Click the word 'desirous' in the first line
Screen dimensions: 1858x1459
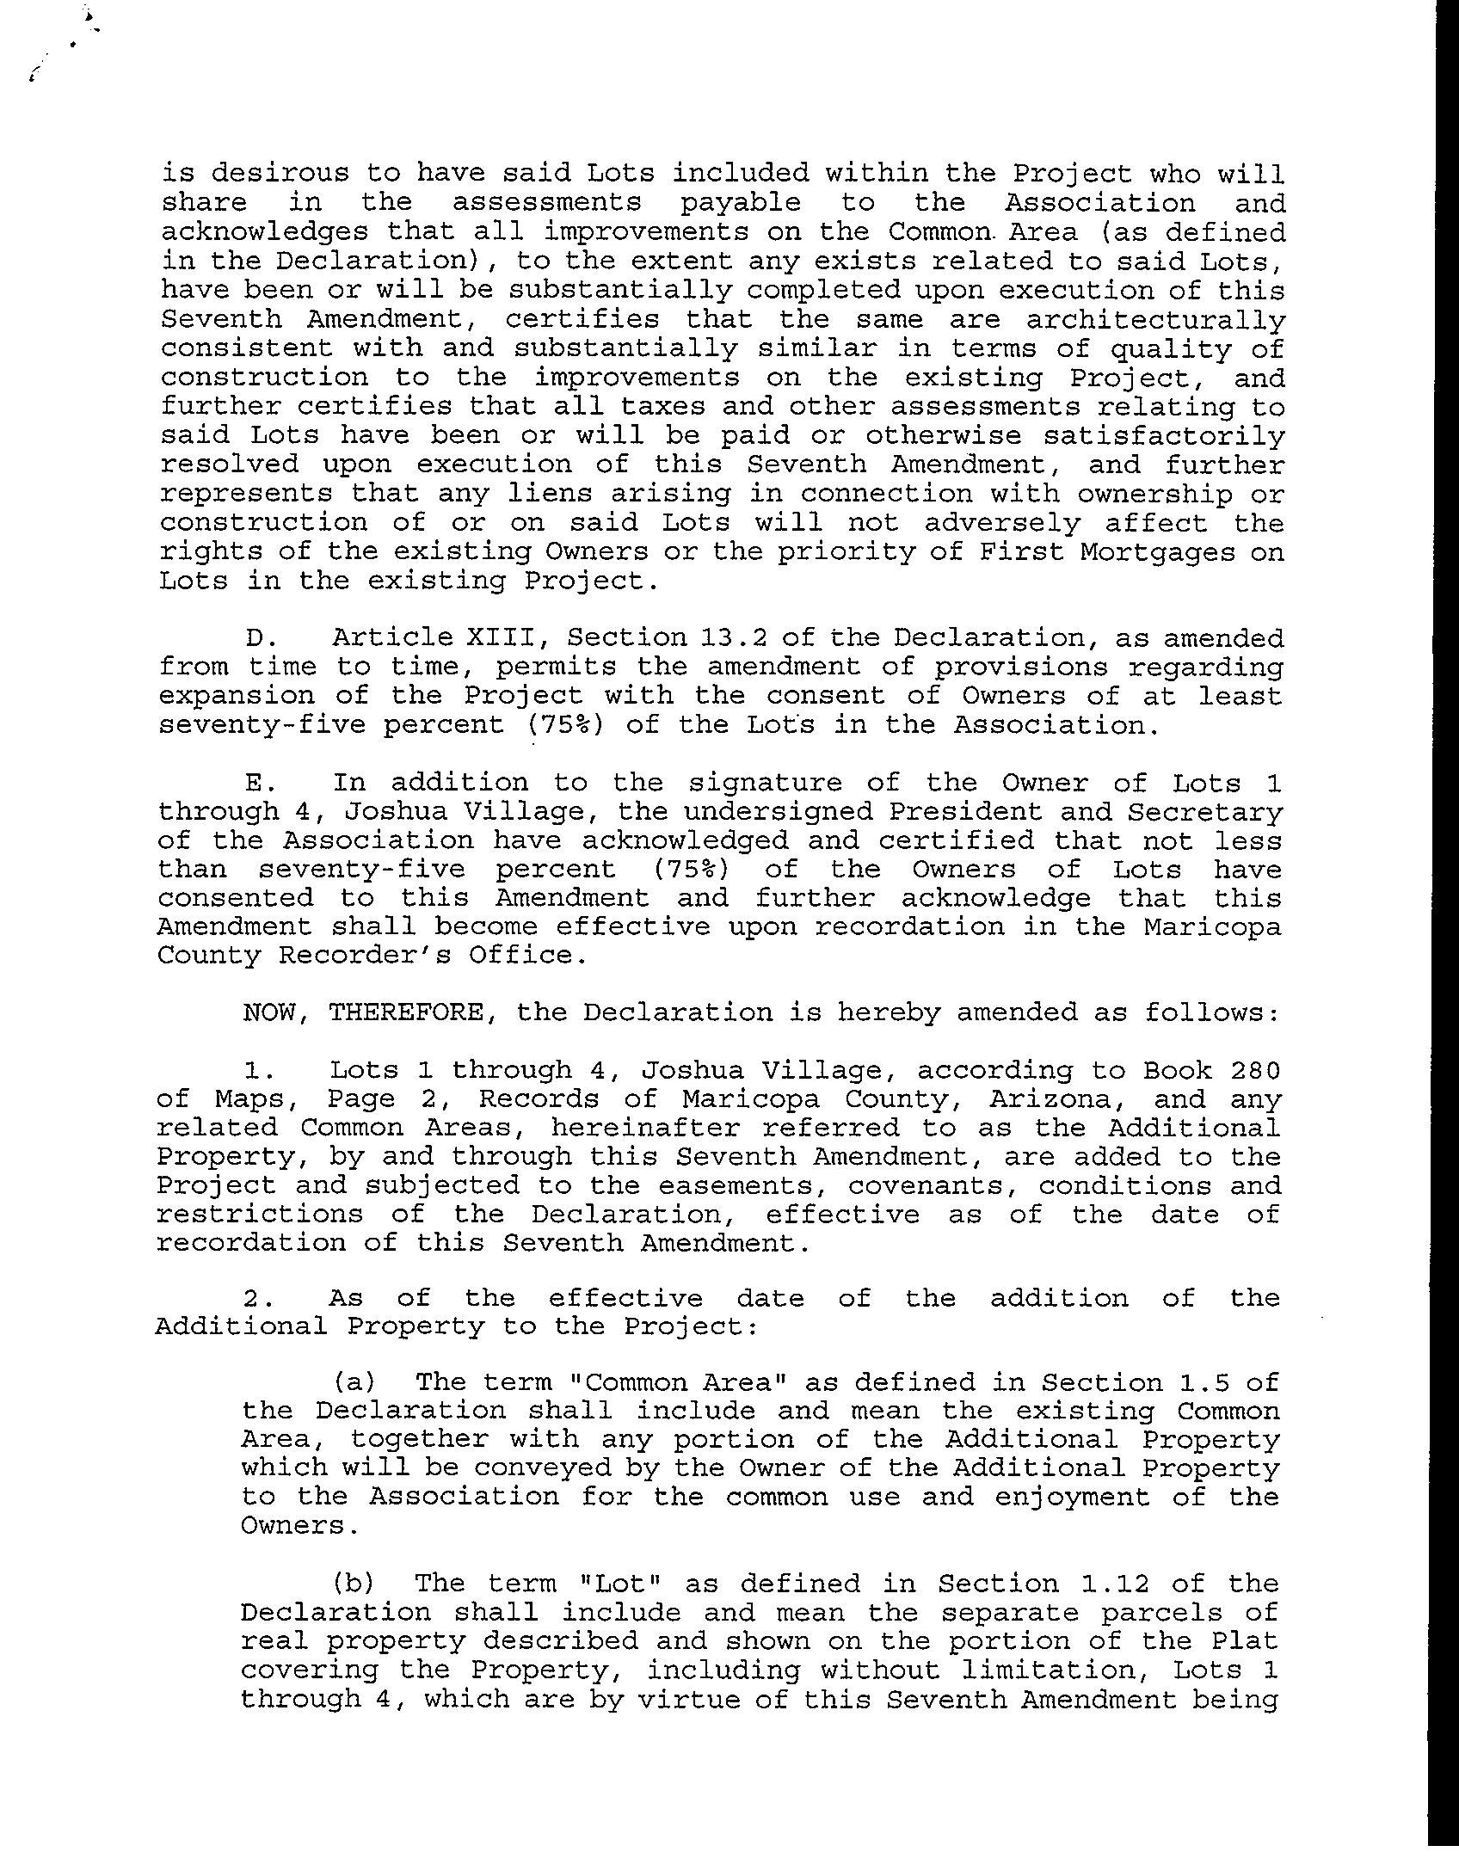pos(280,174)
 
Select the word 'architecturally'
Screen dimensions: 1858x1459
pos(1155,320)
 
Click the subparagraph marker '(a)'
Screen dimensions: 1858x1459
pos(355,1382)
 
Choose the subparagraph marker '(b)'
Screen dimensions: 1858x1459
pos(355,1584)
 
